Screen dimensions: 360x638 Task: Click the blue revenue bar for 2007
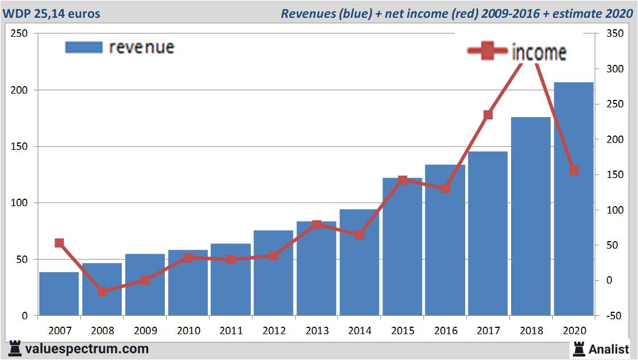coord(59,294)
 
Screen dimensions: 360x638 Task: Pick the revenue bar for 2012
coord(273,273)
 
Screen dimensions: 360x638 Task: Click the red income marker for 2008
coord(102,291)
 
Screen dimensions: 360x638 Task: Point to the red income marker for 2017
coord(488,115)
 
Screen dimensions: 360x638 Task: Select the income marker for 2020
coord(574,170)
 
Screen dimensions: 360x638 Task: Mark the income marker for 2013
coord(316,224)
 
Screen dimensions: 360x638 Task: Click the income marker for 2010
coord(188,258)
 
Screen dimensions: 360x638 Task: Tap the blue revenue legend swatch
coord(84,47)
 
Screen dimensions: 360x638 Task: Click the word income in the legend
coord(539,52)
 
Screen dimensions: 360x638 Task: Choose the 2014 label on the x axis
coord(359,331)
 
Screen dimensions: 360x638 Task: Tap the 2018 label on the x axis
coord(531,331)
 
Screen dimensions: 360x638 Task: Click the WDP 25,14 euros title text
coord(52,13)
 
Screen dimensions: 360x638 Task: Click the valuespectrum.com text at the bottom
coord(87,349)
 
